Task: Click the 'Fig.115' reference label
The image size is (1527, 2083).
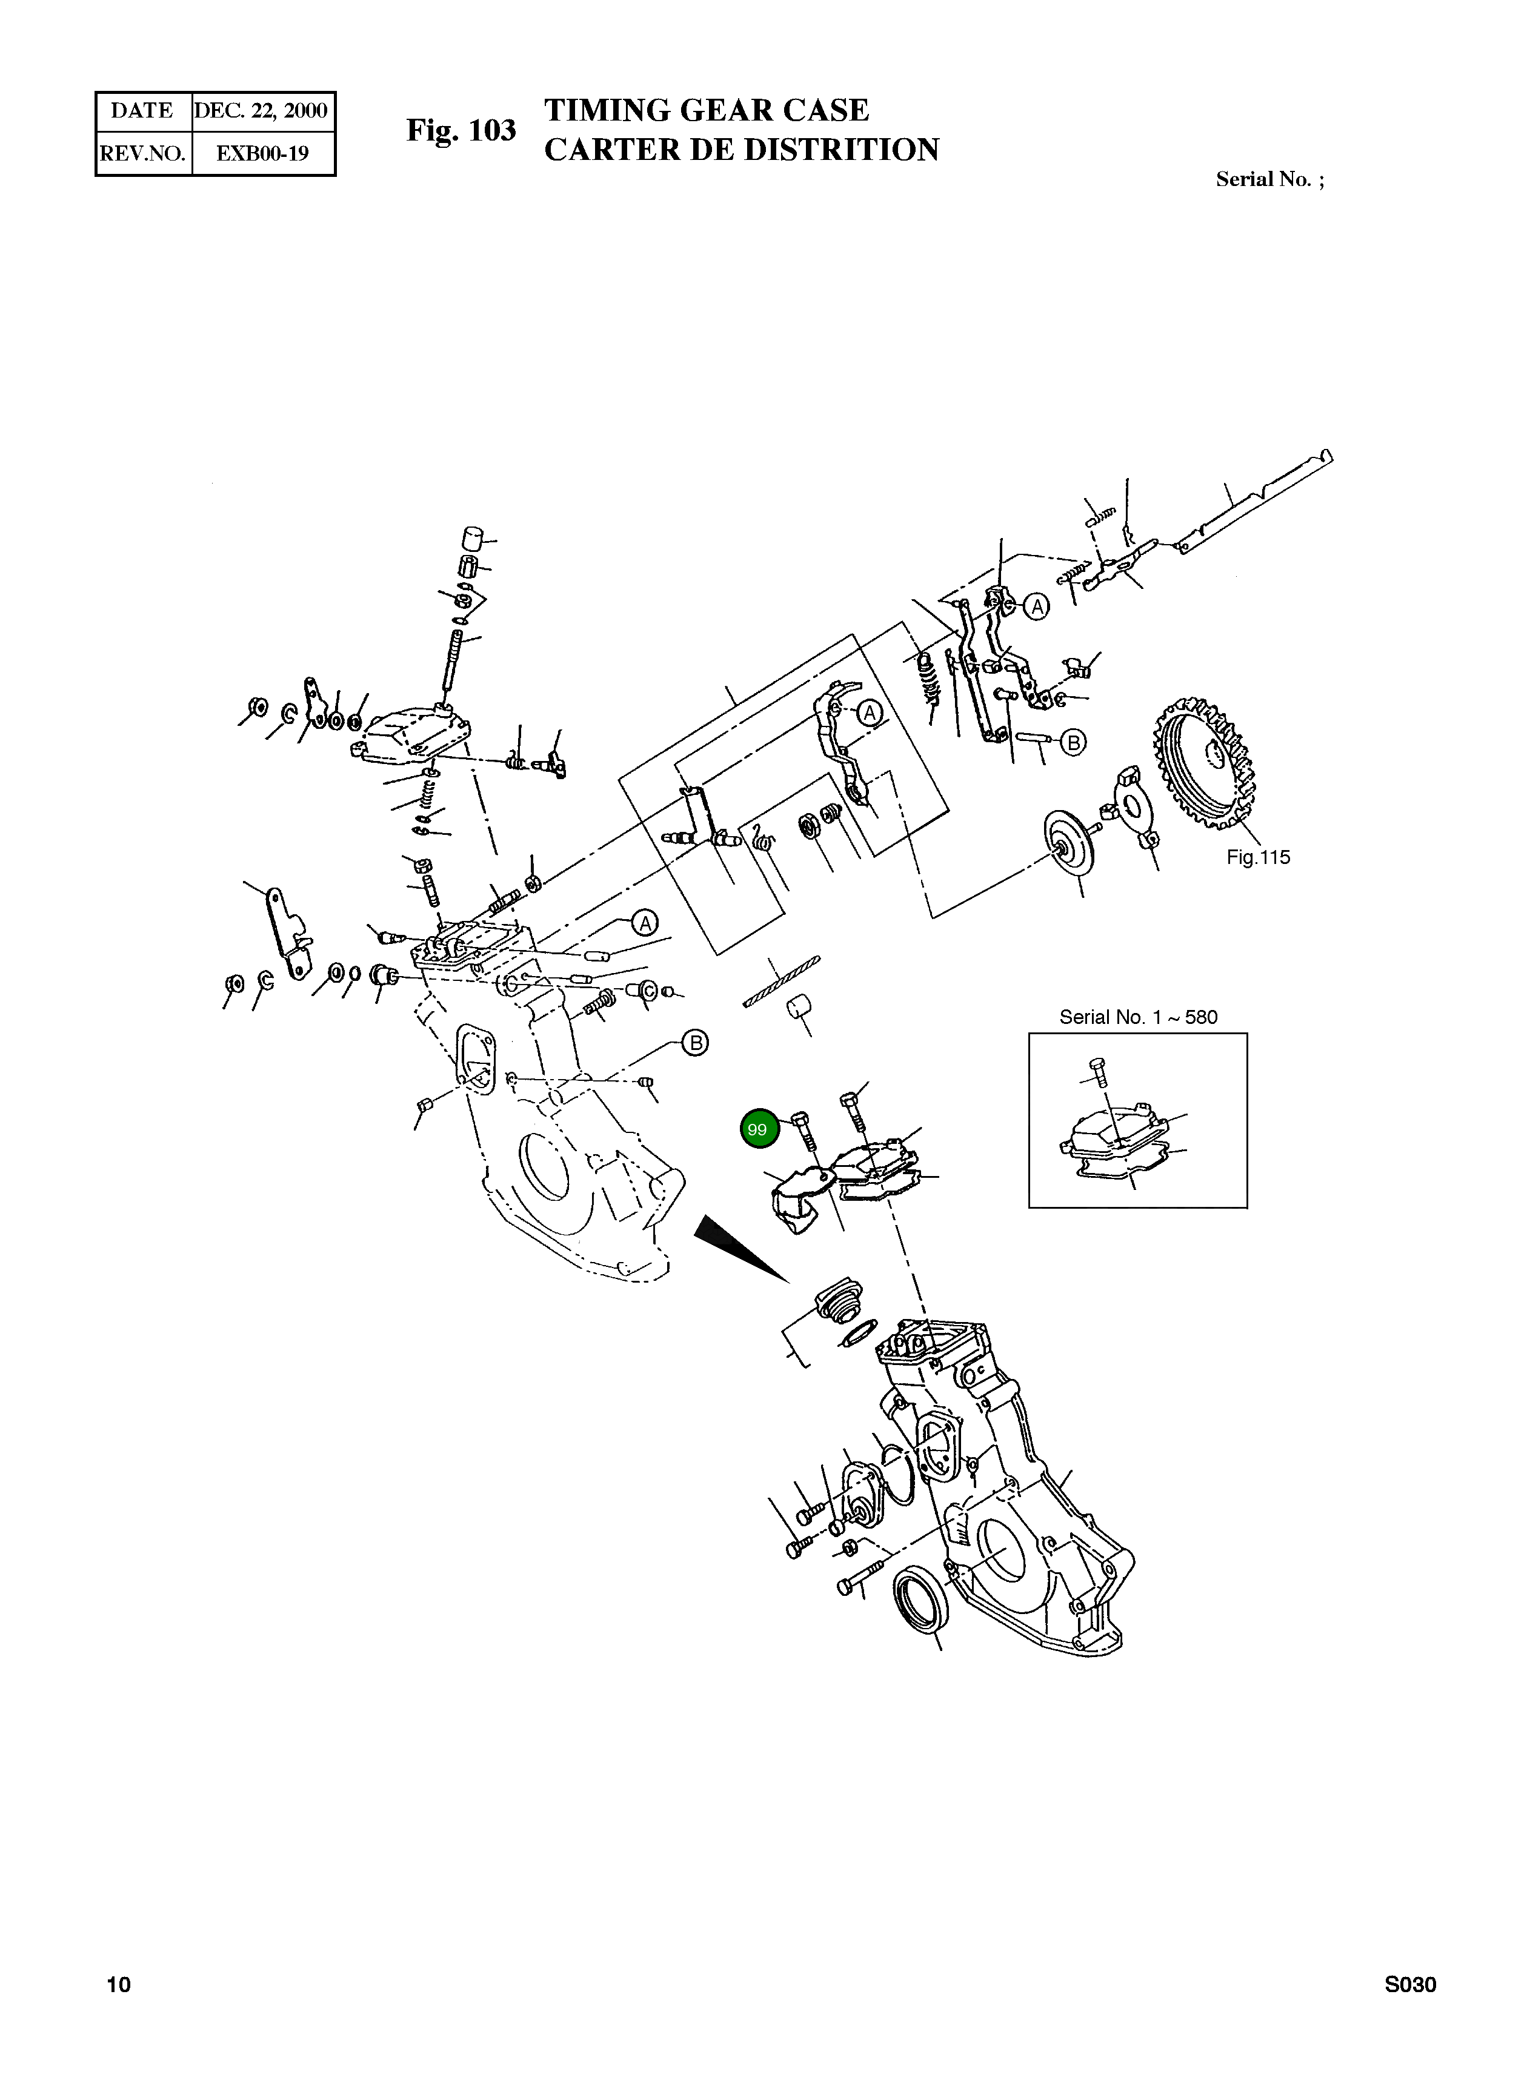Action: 1257,857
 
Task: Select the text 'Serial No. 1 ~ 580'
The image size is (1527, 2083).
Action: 1138,1017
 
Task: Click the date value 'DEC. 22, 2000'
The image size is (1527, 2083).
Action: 262,111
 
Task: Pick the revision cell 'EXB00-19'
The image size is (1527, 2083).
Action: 262,153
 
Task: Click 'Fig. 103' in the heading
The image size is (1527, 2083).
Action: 461,130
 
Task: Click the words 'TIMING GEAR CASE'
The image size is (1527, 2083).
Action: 706,110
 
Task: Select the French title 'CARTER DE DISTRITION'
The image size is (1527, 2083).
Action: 741,150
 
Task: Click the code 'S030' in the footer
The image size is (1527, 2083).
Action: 1409,1984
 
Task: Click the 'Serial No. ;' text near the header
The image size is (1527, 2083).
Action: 1269,179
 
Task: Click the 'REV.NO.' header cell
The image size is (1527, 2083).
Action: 143,153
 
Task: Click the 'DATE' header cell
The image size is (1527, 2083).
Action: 142,111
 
